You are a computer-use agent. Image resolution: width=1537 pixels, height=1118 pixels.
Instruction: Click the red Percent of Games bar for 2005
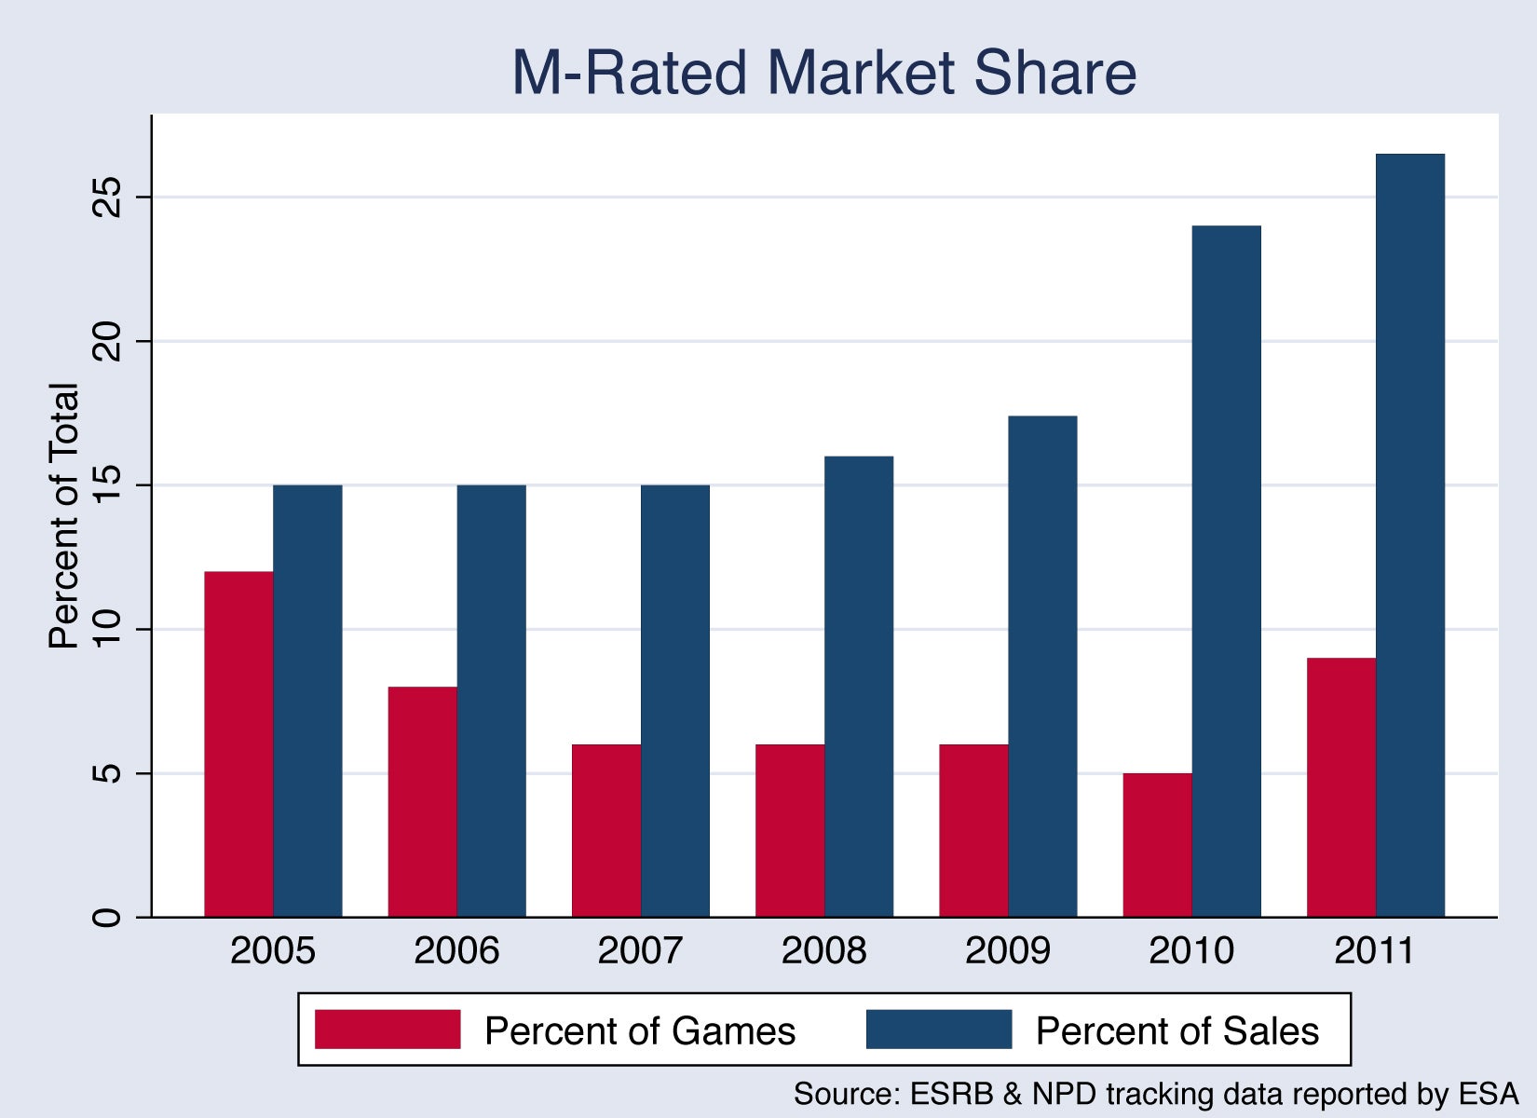(x=238, y=744)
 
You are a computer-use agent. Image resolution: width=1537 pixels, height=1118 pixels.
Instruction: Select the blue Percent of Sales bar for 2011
(x=1410, y=536)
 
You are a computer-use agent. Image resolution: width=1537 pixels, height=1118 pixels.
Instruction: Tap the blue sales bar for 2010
(x=1226, y=571)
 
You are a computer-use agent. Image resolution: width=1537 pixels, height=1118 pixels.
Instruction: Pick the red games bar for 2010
(x=1158, y=845)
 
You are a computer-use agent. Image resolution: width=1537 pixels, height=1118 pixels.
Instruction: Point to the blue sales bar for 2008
(x=858, y=687)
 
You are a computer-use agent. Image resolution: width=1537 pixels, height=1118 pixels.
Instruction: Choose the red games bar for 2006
(x=423, y=801)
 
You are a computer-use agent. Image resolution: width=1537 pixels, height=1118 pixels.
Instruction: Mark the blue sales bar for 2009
(x=1042, y=666)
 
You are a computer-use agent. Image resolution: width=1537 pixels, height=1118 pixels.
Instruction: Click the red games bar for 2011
(x=1341, y=787)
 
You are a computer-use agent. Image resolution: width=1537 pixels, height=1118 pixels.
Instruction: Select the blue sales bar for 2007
(x=675, y=701)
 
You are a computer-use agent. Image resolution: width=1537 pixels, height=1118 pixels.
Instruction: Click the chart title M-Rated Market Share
(x=824, y=72)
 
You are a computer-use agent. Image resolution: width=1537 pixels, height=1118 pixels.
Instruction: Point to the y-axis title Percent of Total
(x=63, y=515)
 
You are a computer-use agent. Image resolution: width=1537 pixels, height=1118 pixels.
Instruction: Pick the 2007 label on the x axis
(x=640, y=950)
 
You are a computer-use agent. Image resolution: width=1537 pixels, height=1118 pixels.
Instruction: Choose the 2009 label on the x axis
(x=1008, y=950)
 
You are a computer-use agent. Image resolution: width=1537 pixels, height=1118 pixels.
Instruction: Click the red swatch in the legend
(x=388, y=1029)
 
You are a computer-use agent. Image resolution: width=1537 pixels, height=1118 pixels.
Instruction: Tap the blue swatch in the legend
(x=939, y=1029)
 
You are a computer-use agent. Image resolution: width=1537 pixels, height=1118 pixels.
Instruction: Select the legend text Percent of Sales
(x=1177, y=1030)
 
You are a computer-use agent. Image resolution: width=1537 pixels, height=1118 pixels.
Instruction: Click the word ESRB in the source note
(x=952, y=1094)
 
